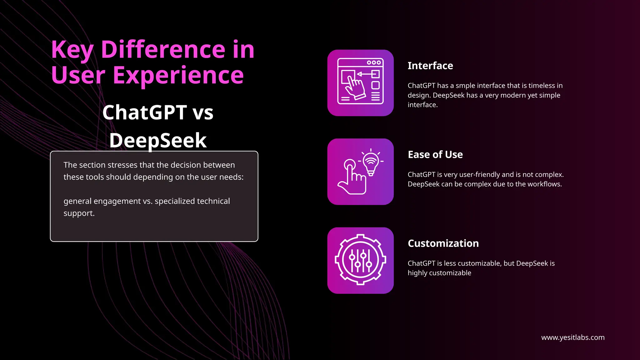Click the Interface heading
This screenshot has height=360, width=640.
click(430, 66)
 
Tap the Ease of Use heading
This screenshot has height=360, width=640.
click(435, 154)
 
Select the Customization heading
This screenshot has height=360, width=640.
click(443, 243)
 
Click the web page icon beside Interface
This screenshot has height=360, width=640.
click(360, 83)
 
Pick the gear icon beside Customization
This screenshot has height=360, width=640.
click(360, 260)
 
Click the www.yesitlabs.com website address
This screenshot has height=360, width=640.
click(572, 337)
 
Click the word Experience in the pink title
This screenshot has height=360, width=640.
click(178, 75)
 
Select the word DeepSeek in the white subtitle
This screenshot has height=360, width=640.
click(158, 140)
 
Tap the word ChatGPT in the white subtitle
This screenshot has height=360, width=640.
click(145, 112)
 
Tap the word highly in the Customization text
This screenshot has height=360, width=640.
click(417, 273)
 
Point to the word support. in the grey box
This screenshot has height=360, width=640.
click(79, 213)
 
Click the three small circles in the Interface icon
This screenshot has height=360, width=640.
click(374, 62)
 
